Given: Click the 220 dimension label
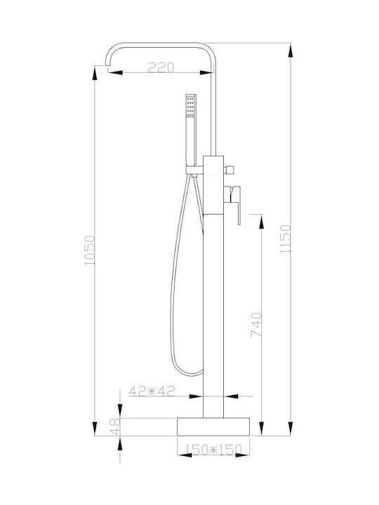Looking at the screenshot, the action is [x=161, y=67].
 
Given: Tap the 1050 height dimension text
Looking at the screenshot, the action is [x=90, y=250].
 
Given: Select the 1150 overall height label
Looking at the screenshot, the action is [x=286, y=239].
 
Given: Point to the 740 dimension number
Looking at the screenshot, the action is [x=256, y=324].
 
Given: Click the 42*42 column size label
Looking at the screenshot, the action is [x=152, y=391].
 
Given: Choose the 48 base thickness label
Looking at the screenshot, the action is [x=115, y=426].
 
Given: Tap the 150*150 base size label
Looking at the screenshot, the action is [x=213, y=450].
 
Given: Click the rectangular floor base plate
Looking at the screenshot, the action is [x=213, y=426].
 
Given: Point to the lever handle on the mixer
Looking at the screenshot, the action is [x=234, y=203].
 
